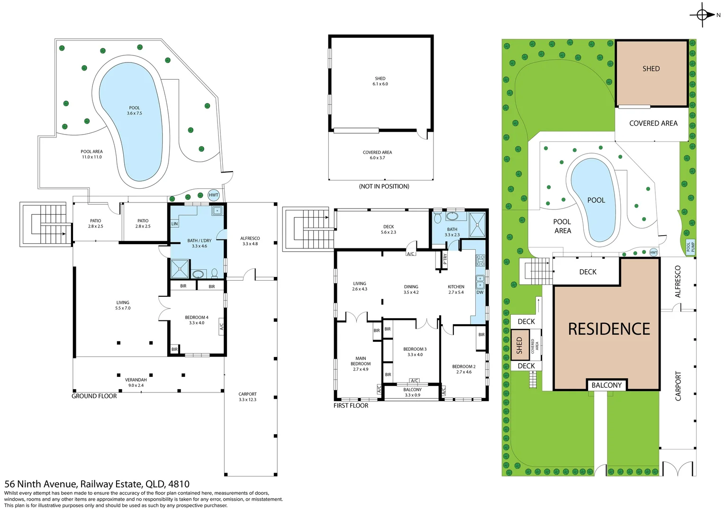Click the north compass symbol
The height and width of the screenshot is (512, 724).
(702, 15)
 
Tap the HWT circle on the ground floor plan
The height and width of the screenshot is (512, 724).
(213, 195)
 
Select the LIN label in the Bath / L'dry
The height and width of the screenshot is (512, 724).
(174, 223)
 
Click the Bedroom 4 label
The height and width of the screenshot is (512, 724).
(197, 320)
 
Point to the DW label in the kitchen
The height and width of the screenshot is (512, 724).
(480, 292)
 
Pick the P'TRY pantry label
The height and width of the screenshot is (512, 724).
(445, 259)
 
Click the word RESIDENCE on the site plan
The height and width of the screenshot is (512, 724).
(609, 329)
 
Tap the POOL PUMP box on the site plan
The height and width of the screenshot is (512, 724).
(690, 247)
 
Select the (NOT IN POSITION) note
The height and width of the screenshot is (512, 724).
(384, 186)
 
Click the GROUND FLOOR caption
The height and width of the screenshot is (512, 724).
(94, 396)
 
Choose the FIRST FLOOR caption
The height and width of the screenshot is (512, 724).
(351, 406)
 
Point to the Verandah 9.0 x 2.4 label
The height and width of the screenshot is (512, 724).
(136, 383)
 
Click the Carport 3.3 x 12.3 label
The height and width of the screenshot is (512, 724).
(248, 397)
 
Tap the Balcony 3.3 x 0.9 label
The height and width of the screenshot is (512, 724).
(412, 393)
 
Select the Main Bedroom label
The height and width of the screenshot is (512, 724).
(361, 364)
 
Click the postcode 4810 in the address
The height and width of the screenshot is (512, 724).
(179, 484)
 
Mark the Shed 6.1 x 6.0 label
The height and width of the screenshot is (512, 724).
(380, 81)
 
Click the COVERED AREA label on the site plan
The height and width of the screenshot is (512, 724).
(653, 123)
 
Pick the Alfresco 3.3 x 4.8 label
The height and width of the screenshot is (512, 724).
(250, 241)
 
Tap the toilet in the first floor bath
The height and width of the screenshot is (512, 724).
(438, 217)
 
